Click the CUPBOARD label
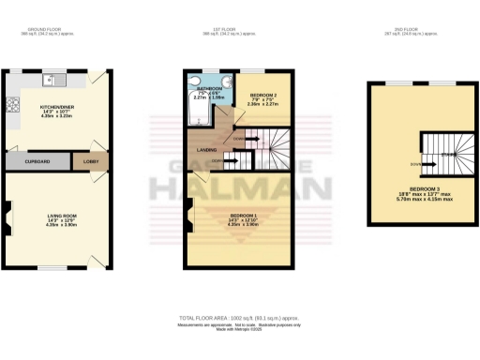tap(37, 161)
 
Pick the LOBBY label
tap(91, 161)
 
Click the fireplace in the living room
tap(9, 221)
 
